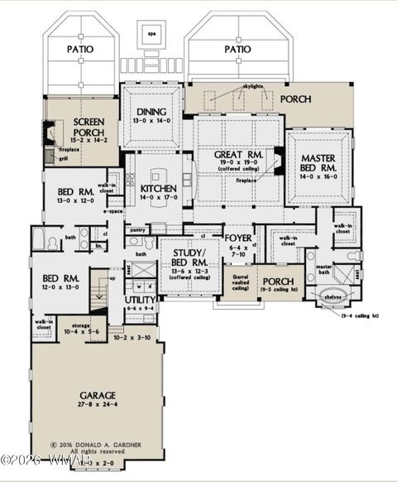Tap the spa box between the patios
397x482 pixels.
pos(151,35)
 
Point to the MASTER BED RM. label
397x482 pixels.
pos(318,163)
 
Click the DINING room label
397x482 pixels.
pos(151,113)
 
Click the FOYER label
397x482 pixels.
pos(238,239)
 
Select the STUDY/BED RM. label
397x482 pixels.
pos(189,256)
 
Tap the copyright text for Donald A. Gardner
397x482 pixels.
pos(97,445)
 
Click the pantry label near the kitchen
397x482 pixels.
pos(137,229)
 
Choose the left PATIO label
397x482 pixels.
pos(80,50)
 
